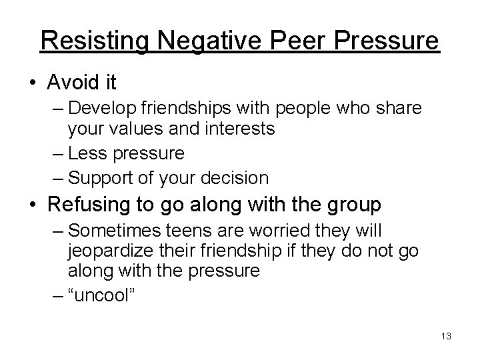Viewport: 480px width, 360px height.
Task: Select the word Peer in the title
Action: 295,41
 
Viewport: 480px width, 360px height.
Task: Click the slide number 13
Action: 446,336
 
